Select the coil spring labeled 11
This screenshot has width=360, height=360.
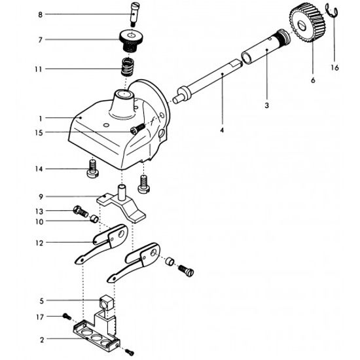127,67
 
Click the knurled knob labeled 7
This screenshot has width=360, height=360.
131,41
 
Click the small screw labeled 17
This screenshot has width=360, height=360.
67,317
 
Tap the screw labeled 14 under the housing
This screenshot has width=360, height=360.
93,170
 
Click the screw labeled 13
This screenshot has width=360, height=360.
81,211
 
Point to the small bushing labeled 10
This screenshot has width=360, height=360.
94,219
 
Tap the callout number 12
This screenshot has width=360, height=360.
39,243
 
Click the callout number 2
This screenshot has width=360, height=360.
42,340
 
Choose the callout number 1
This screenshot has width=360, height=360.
41,118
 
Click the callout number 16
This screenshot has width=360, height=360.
334,67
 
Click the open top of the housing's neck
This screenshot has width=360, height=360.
124,94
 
